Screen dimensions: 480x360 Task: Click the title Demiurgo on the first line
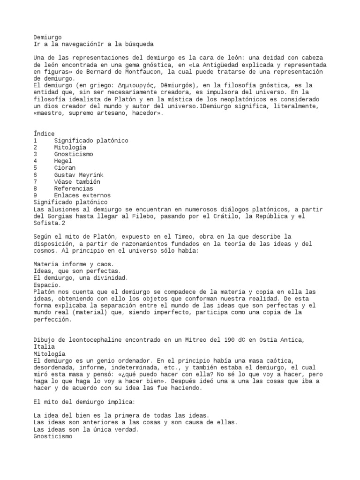[x=47, y=37]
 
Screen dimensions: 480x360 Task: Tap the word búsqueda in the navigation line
[x=138, y=44]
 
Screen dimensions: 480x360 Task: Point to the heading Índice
[x=44, y=134]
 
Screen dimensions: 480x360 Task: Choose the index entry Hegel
[x=63, y=161]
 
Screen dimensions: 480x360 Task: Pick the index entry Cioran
[x=65, y=168]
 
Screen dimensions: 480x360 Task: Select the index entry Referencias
[x=73, y=188]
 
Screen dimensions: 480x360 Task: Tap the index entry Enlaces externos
[x=82, y=195]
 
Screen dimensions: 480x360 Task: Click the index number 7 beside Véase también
[x=36, y=181]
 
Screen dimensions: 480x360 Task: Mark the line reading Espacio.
[x=47, y=285]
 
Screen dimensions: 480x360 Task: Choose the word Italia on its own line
[x=44, y=346]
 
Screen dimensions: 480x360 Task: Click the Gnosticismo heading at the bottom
[x=52, y=435]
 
